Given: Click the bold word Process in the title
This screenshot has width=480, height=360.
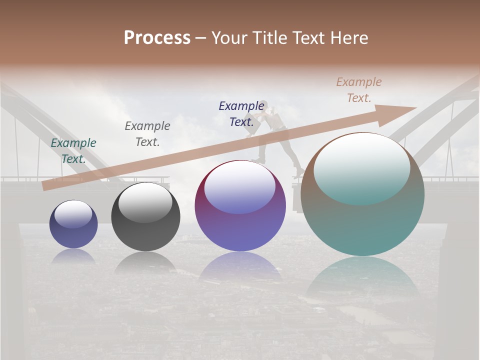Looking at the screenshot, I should [157, 38].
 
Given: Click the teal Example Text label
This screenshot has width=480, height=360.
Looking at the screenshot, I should [73, 151].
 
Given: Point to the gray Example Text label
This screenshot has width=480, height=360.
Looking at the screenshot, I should [147, 134].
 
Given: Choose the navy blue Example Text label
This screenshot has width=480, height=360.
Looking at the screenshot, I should [241, 114].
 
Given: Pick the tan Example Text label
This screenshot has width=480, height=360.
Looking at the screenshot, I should [359, 90].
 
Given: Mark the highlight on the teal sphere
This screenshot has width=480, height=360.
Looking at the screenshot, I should [362, 167].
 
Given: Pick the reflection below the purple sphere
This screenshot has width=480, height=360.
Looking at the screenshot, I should [240, 267].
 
